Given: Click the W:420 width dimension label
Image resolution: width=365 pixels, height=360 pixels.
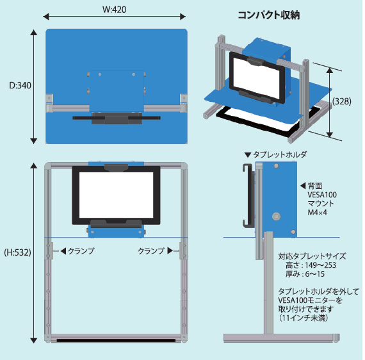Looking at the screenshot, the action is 114,10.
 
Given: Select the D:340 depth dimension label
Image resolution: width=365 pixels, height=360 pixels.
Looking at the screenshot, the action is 20,85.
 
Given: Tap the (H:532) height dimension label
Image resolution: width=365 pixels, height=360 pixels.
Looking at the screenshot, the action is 17,252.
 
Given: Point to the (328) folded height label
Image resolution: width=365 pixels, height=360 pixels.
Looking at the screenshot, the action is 342,101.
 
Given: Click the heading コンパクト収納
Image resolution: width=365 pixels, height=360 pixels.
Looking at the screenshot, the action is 269,15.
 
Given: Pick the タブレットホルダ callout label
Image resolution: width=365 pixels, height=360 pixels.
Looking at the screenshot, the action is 280,154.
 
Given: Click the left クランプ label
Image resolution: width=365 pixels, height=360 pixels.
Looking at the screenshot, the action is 81,251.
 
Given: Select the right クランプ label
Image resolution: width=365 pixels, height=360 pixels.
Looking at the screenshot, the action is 151,251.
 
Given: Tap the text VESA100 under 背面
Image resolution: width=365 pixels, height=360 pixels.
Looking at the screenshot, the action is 322,195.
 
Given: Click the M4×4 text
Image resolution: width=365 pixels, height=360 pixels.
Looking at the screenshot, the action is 317,213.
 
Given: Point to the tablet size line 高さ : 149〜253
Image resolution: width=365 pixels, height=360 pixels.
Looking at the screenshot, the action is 311,265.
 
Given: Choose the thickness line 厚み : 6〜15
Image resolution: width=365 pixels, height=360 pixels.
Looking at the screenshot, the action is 305,274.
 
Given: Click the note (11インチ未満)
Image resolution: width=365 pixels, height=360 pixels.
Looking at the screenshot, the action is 304,318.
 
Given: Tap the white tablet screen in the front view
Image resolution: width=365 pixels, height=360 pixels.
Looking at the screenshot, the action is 116,195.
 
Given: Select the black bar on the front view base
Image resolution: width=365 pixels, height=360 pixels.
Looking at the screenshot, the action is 116,340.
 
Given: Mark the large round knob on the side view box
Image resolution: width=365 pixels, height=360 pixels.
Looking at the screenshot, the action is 276,217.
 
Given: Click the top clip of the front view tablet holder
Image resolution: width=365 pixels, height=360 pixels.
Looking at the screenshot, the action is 116,167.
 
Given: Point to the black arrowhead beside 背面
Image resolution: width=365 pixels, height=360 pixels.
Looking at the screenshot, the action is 303,186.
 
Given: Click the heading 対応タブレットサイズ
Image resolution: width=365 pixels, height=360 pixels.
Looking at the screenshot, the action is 312,256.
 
